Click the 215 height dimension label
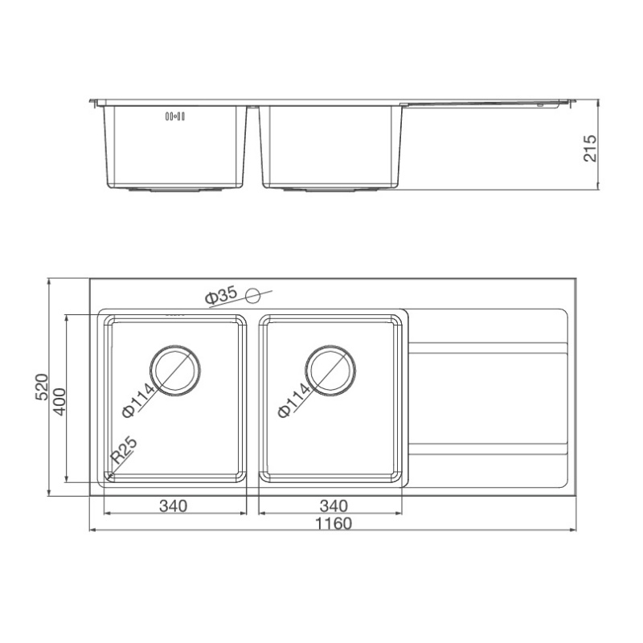[x=590, y=148]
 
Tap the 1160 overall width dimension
[x=334, y=524]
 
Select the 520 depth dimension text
[x=42, y=387]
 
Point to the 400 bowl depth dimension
[x=59, y=402]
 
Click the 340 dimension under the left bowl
[x=173, y=506]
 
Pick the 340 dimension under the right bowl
[x=334, y=506]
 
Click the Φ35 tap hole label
[x=222, y=296]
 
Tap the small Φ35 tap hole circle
[x=252, y=295]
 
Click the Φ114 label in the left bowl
[x=138, y=399]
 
